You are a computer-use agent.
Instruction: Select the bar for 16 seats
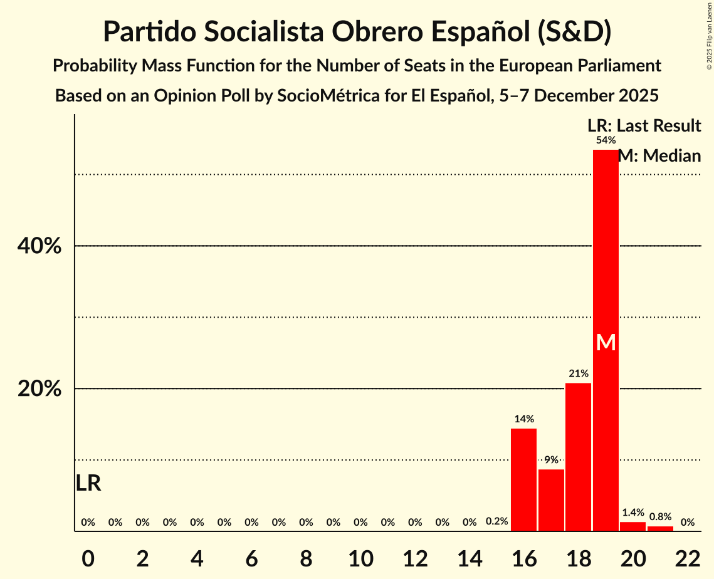[524, 479]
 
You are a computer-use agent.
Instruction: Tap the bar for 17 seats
[551, 500]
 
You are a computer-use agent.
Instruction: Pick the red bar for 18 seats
[578, 457]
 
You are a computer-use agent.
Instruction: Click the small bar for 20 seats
[633, 526]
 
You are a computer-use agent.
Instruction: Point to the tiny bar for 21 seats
[660, 528]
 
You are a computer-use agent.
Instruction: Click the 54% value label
[606, 140]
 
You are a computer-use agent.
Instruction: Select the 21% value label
[578, 373]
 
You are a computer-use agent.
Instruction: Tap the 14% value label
[524, 419]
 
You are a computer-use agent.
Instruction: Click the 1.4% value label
[633, 512]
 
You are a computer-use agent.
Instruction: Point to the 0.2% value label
[496, 521]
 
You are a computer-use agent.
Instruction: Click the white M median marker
[606, 342]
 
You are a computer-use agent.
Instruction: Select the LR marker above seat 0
[88, 483]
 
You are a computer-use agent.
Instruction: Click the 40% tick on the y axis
[39, 246]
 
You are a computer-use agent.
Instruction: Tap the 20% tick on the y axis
[39, 389]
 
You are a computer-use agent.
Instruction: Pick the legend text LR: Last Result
[644, 126]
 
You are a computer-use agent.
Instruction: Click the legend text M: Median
[659, 155]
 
